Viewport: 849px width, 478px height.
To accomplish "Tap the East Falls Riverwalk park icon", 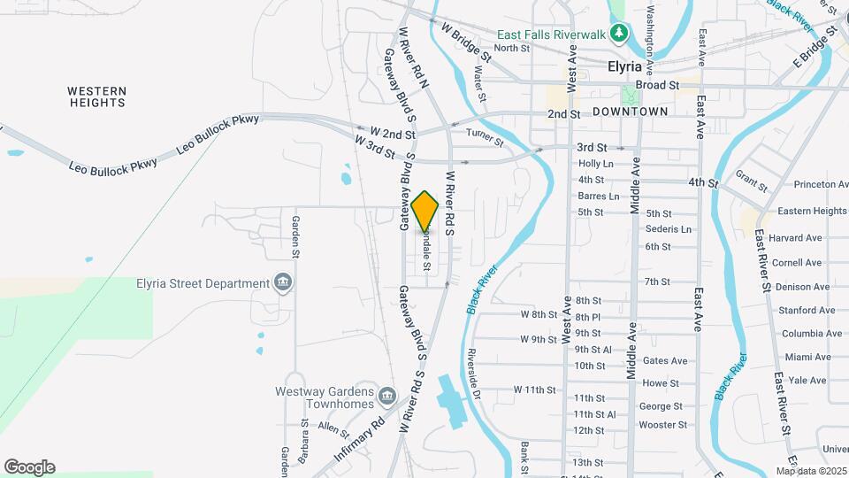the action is coord(621,35).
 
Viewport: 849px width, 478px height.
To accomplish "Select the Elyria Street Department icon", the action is coord(283,283).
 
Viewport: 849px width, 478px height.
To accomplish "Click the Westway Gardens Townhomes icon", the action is coord(386,394).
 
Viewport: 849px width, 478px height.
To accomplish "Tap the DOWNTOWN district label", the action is coord(630,112).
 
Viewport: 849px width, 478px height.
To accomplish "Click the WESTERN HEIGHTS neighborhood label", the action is coord(97,96).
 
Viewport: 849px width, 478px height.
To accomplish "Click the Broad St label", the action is coord(657,85).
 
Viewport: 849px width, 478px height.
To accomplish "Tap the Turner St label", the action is coord(485,136).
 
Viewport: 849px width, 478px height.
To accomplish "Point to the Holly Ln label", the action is coord(595,164).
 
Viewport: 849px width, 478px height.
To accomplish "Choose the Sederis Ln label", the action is coord(669,229).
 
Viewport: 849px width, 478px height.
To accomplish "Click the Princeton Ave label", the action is coord(821,184).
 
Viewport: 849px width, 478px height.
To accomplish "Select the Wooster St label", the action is coord(664,425).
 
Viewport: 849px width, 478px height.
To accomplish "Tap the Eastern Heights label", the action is coord(812,212).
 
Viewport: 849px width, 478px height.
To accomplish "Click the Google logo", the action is coord(29,466).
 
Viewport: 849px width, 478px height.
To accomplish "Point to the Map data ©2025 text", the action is coord(810,471).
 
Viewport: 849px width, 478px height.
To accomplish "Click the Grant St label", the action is coord(752,182).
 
